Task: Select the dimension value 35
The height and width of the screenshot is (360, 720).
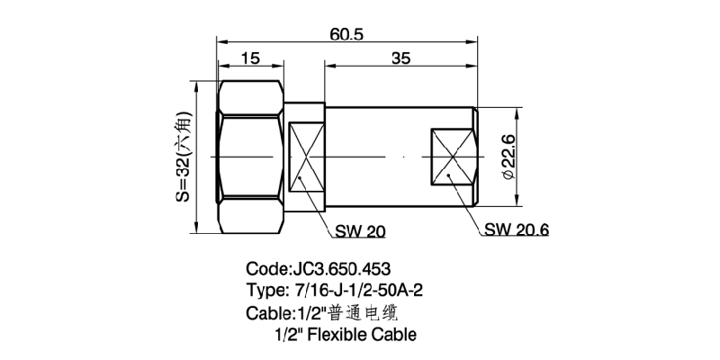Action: (x=401, y=58)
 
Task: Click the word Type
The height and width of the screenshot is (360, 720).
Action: (x=265, y=291)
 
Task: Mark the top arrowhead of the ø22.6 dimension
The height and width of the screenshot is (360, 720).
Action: (x=517, y=112)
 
